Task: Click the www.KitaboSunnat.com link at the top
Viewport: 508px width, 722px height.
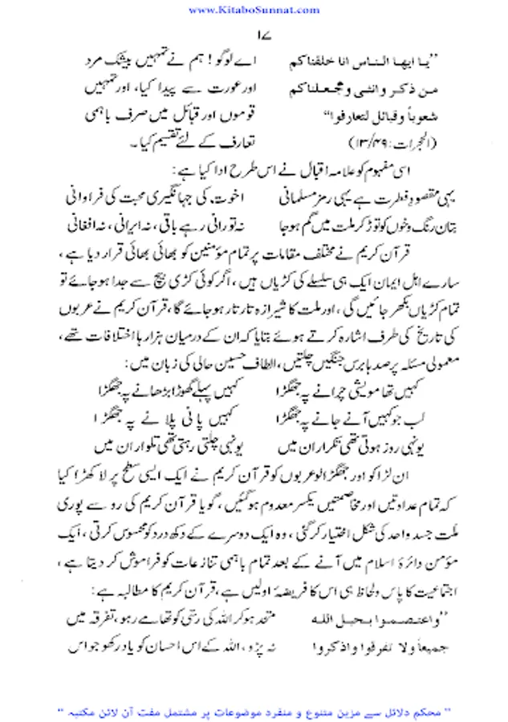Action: coord(254,9)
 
